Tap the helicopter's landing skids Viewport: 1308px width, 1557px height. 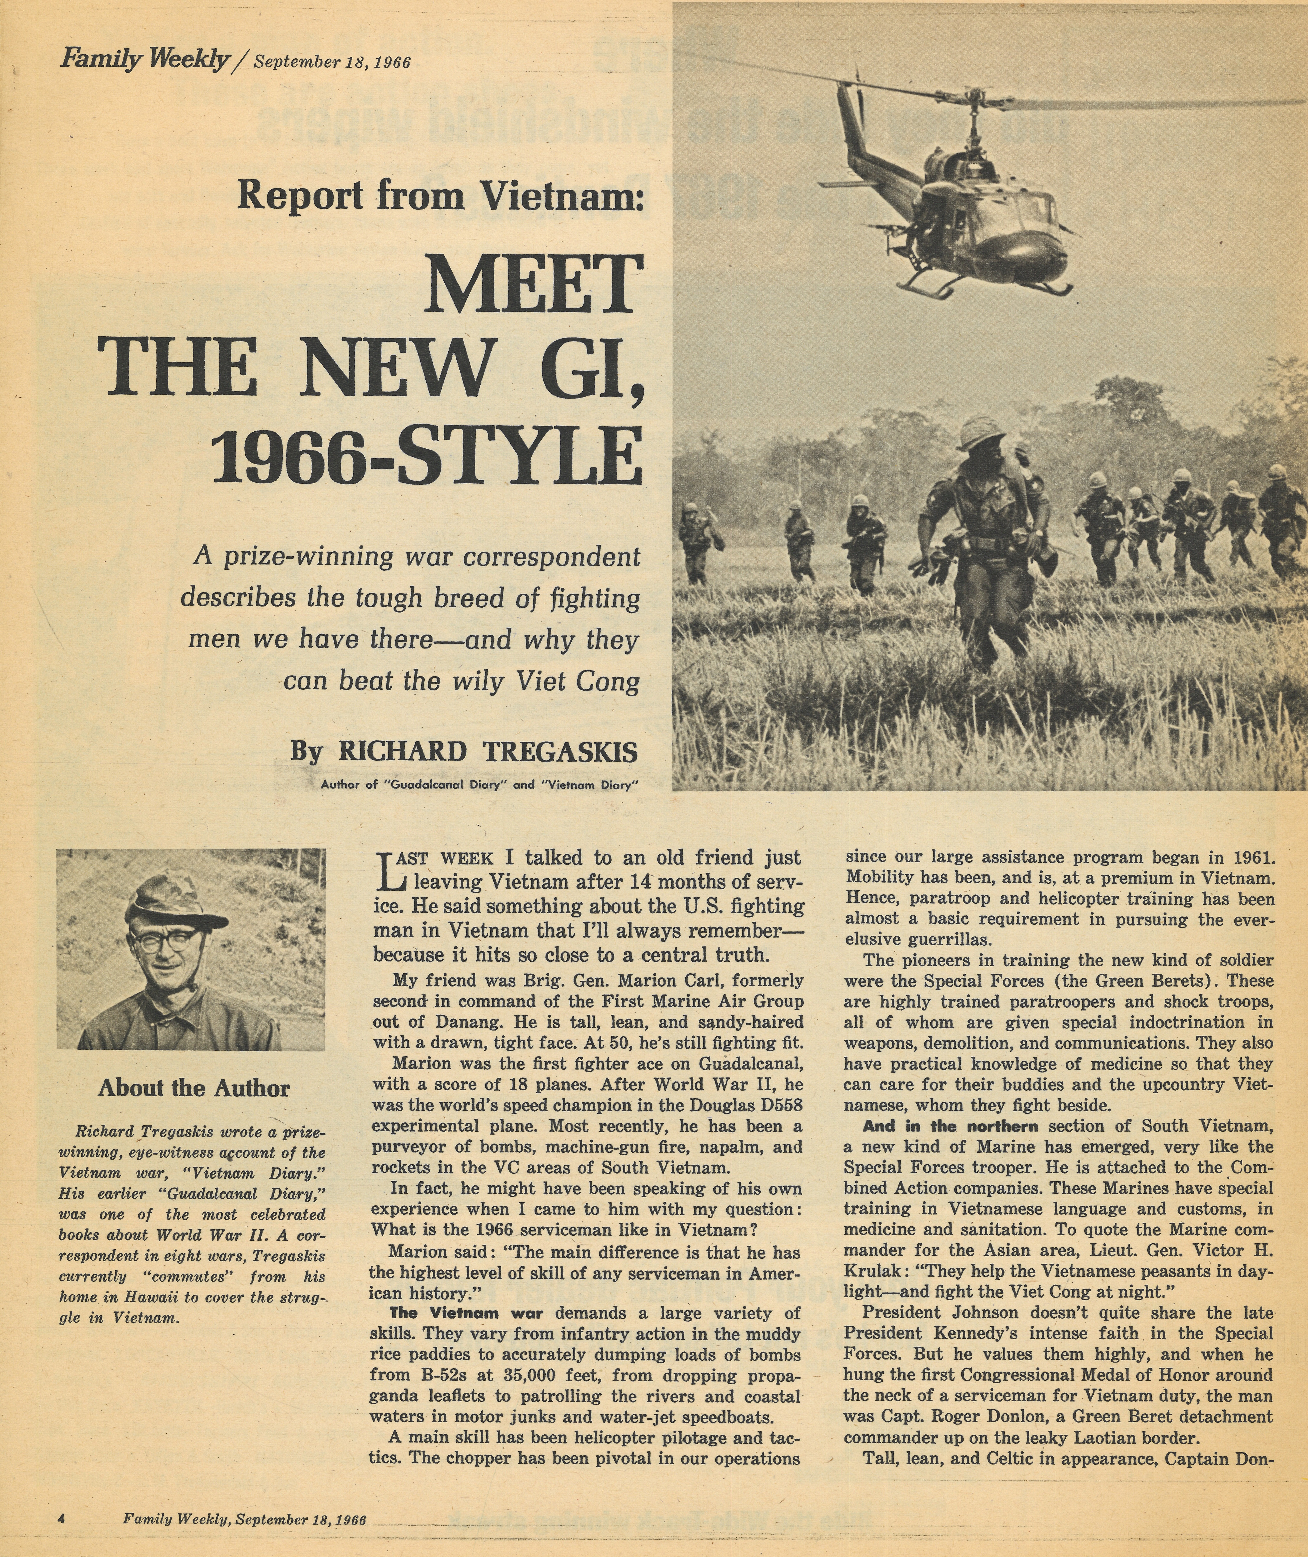(986, 286)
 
